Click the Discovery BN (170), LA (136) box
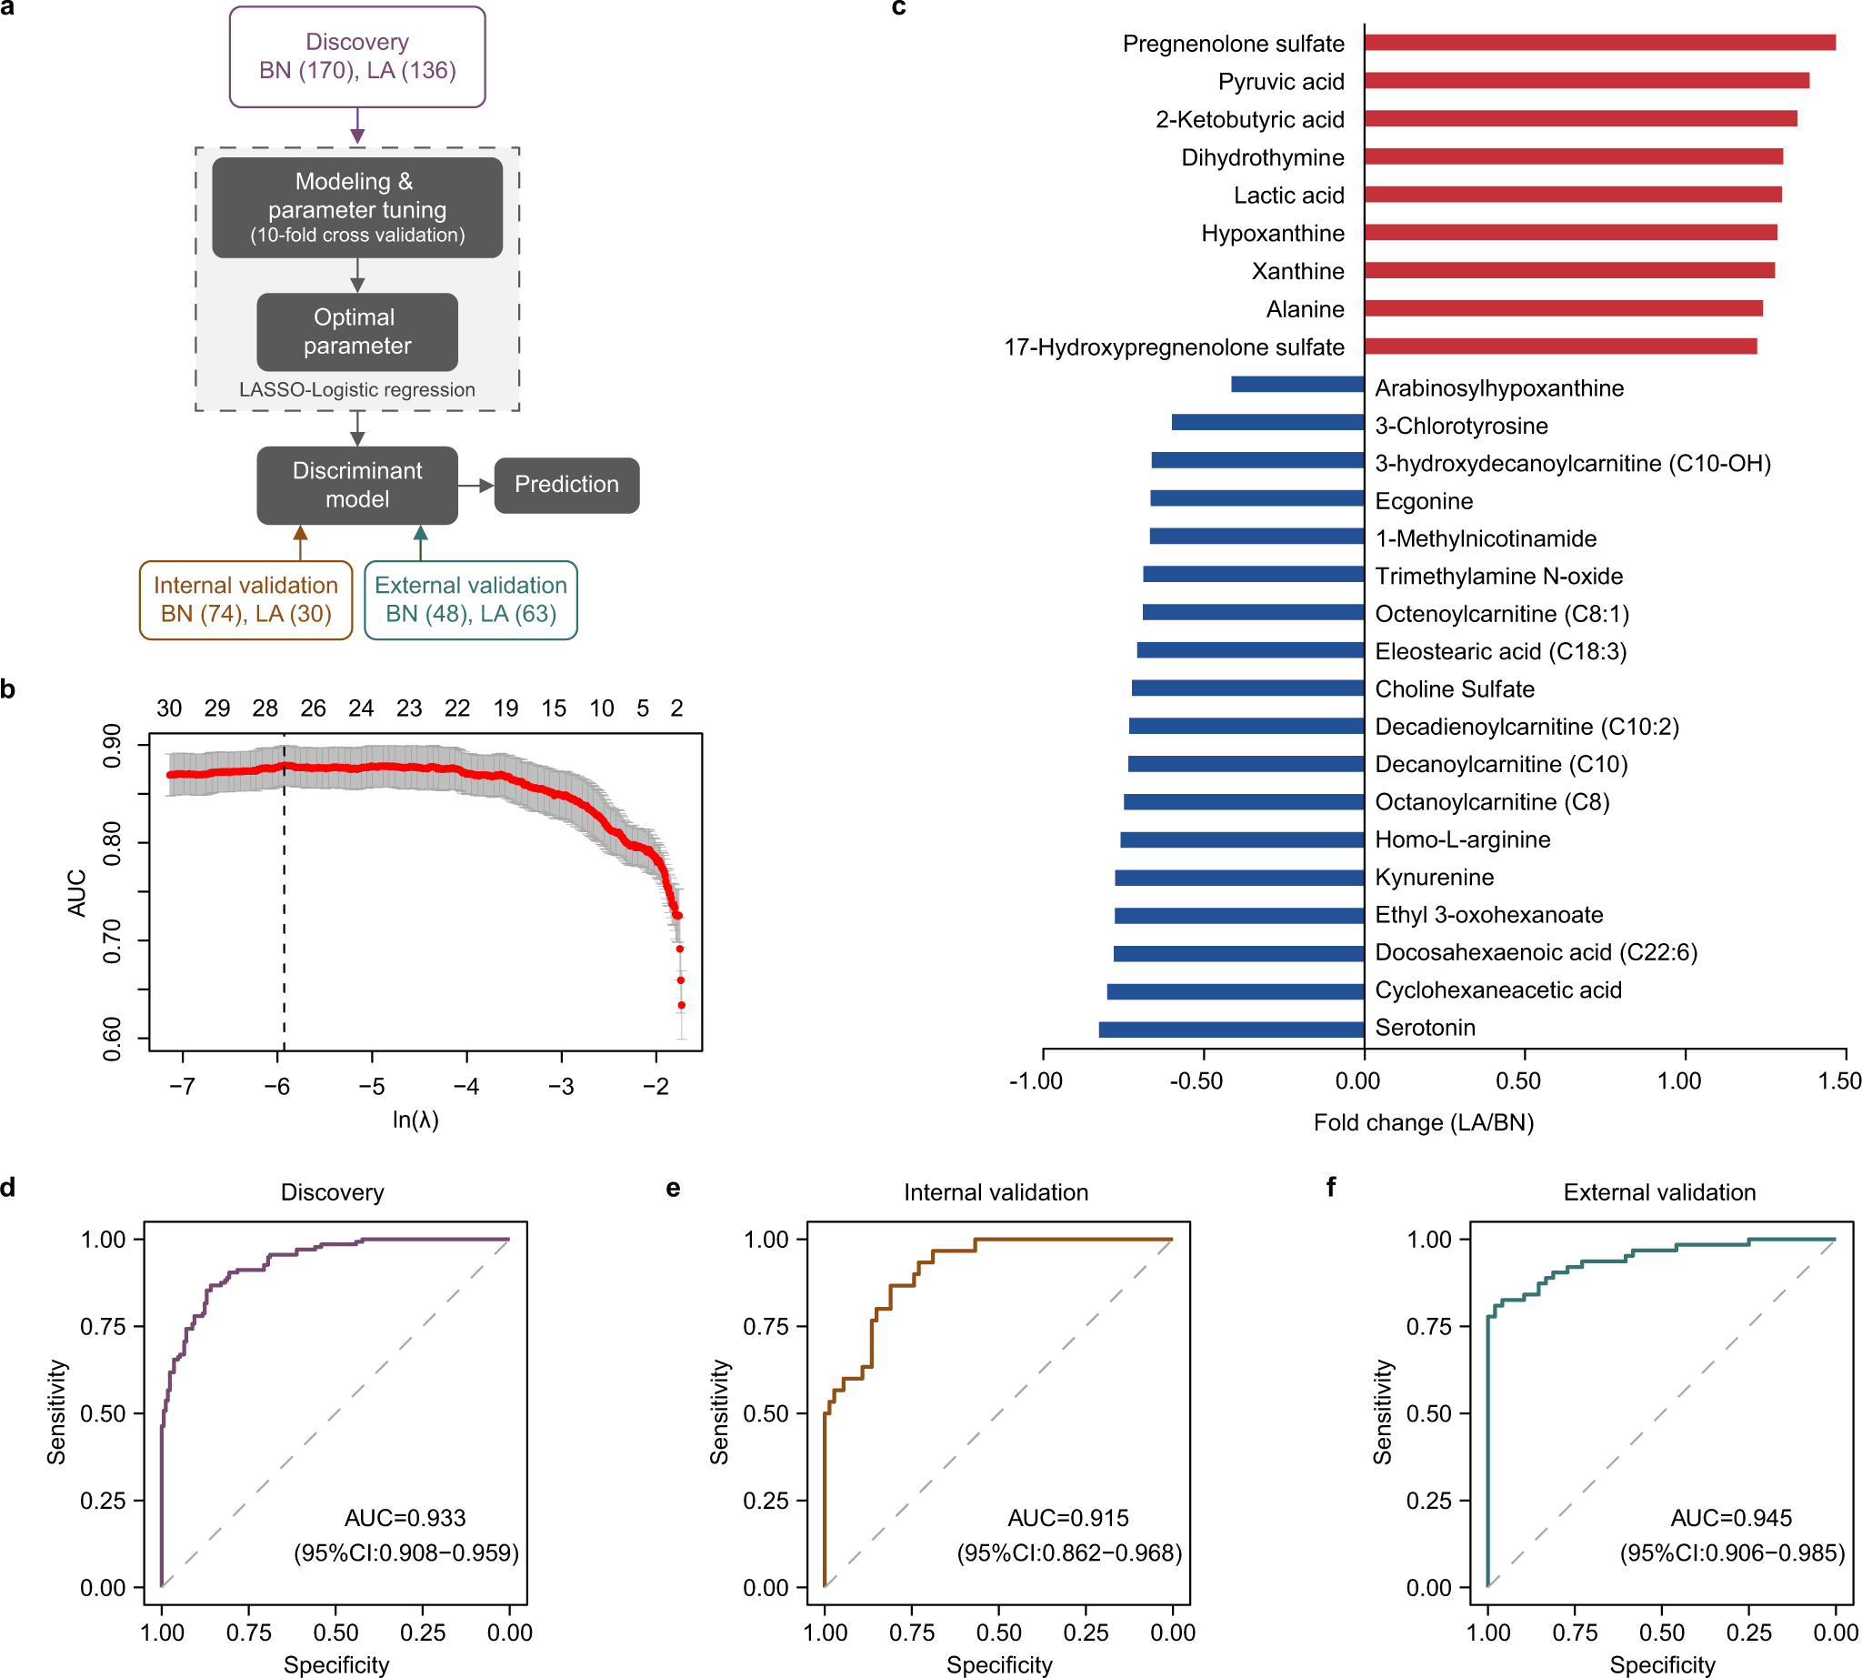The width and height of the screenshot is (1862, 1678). pos(356,56)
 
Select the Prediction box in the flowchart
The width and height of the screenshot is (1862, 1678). pos(566,485)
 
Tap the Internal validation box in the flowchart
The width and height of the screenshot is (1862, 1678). pos(245,599)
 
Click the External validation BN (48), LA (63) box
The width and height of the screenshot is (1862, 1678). pos(470,599)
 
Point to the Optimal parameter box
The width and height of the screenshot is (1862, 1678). pos(356,331)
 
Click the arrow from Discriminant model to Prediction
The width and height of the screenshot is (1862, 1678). pos(476,485)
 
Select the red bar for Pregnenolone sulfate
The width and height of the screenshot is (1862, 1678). pos(1598,43)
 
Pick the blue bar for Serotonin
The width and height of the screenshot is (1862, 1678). pos(1231,1029)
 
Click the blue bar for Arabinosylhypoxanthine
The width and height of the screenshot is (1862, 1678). pos(1297,385)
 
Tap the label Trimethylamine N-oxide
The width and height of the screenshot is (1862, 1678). pos(1498,577)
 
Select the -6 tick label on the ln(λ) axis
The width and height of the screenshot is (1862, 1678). pos(276,1086)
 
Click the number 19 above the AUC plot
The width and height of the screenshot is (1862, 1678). pos(506,708)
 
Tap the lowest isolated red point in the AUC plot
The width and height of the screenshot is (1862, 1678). pos(681,1005)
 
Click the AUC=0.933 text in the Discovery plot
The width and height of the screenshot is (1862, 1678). pos(405,1518)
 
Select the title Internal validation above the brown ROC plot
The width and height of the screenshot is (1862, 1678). pos(996,1192)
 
